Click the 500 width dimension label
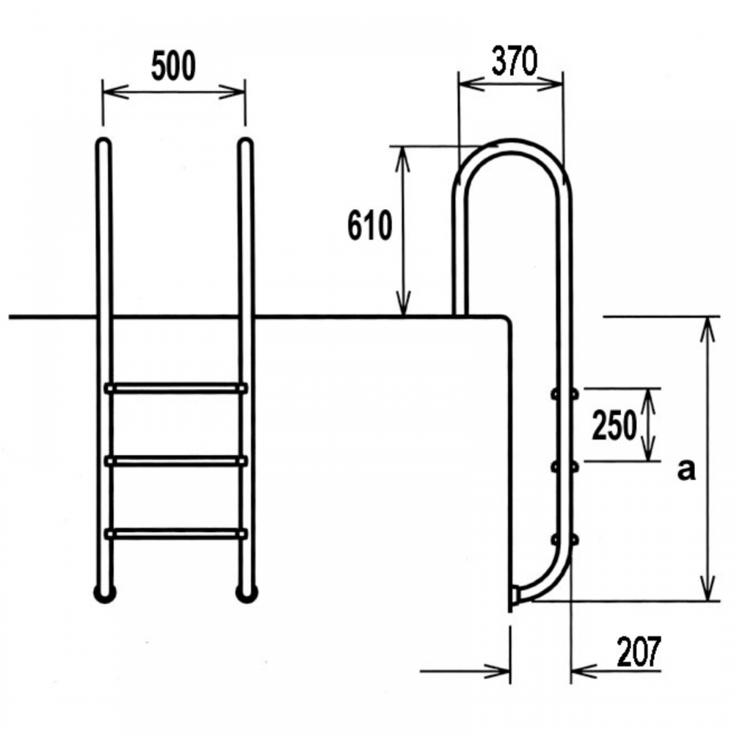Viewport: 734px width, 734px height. [x=173, y=66]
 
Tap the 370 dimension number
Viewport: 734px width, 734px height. [x=514, y=62]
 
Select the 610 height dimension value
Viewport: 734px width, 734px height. [x=369, y=225]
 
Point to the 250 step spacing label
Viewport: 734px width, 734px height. [x=614, y=425]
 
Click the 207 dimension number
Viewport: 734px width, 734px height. [x=639, y=651]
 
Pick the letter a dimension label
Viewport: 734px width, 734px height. [x=686, y=470]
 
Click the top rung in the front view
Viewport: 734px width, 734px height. [x=176, y=388]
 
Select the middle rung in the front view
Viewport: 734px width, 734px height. [x=176, y=461]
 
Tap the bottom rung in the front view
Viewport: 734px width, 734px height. [x=176, y=534]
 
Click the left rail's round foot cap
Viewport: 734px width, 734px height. [x=105, y=594]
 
